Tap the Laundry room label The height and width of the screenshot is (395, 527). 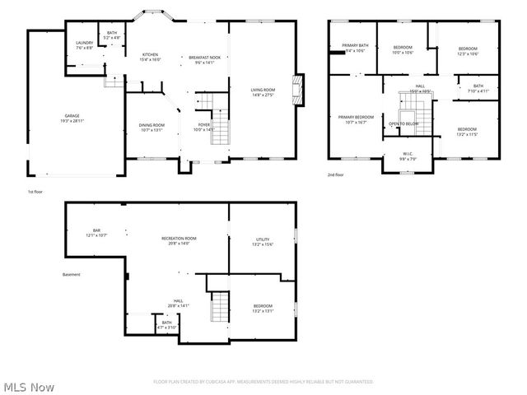(84, 45)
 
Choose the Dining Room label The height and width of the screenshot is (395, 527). (152, 127)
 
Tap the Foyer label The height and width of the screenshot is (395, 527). (203, 127)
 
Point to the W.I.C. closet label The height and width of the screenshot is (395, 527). (407, 154)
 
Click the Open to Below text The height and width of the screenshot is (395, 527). (403, 123)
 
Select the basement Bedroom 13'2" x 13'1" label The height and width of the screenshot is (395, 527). (262, 308)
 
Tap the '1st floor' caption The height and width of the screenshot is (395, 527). (35, 191)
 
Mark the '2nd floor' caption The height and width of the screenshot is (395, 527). (336, 174)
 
